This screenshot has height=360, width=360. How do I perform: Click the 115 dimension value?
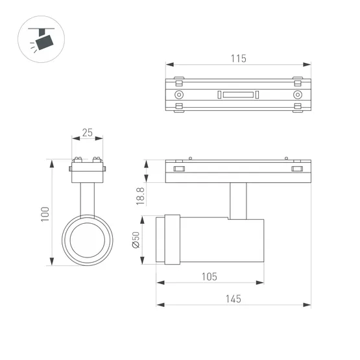238,58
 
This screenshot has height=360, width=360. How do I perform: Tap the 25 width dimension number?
88,133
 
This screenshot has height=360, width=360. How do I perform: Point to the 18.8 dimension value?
140,195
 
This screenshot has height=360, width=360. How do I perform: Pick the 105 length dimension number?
208,276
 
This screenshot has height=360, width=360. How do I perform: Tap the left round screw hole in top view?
179,95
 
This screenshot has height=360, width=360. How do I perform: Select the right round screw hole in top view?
297,95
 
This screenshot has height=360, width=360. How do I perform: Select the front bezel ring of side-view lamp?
171,239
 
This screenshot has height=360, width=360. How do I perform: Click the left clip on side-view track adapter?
178,170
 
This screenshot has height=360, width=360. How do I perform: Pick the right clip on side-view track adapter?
297,170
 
